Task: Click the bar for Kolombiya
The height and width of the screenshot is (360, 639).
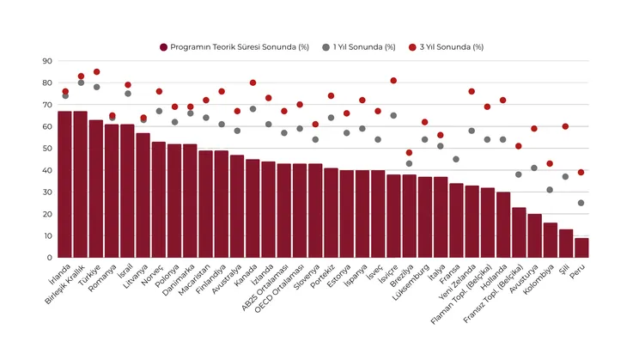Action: (x=551, y=241)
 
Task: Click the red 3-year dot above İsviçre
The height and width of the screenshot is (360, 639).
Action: (x=393, y=81)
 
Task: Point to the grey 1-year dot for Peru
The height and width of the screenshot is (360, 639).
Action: (x=582, y=203)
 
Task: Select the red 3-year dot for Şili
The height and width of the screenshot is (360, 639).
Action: (x=566, y=126)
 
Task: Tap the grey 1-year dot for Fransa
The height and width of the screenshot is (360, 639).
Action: (x=456, y=159)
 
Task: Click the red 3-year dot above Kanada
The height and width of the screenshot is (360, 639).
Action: (x=253, y=83)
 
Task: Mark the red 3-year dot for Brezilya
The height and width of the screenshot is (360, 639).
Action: (x=409, y=153)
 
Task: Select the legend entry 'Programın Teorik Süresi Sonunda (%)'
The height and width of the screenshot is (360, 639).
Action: (x=234, y=46)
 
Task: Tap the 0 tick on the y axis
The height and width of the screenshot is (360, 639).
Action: (x=49, y=258)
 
